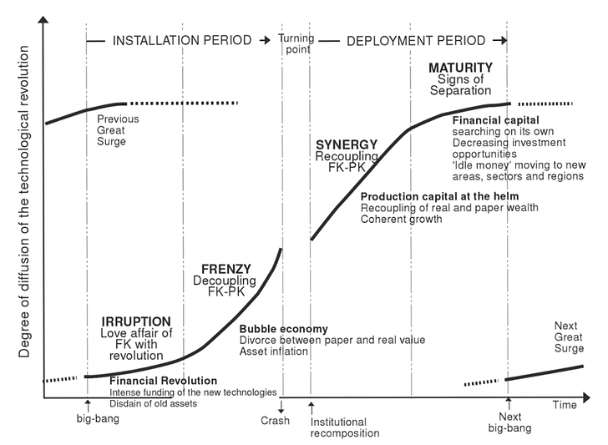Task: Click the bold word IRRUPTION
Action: (136, 321)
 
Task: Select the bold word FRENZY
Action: (226, 270)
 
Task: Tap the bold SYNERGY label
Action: (346, 144)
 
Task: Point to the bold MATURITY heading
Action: (460, 67)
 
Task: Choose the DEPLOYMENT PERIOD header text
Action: (415, 40)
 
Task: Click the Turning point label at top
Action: (296, 43)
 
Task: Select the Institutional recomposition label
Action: (344, 427)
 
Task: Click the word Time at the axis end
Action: (564, 405)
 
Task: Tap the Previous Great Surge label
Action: (117, 130)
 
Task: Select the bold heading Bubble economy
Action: (283, 329)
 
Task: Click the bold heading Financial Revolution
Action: (164, 381)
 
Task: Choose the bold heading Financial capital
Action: (496, 121)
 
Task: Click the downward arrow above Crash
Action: (281, 407)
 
